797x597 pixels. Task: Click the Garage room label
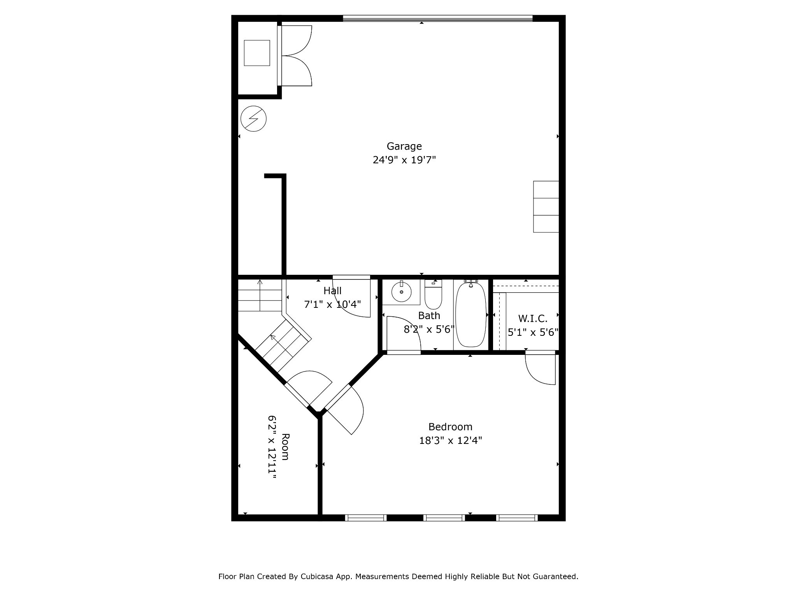(x=404, y=147)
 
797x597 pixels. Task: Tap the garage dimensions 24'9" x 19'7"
(x=404, y=160)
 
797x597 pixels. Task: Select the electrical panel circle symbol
(x=253, y=119)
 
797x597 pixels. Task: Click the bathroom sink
(x=401, y=292)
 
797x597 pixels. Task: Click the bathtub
(x=471, y=314)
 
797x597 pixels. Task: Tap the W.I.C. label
(x=533, y=319)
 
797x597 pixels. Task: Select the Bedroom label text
(x=450, y=427)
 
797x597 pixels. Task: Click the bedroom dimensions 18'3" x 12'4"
(x=450, y=440)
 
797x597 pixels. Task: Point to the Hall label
(x=332, y=291)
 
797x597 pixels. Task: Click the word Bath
(x=429, y=316)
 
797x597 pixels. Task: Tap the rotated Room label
(x=285, y=447)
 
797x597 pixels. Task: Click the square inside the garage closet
(x=257, y=53)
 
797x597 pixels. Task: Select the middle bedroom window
(x=444, y=517)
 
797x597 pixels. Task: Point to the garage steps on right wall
(x=546, y=207)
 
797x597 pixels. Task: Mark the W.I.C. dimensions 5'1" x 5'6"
(x=533, y=332)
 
